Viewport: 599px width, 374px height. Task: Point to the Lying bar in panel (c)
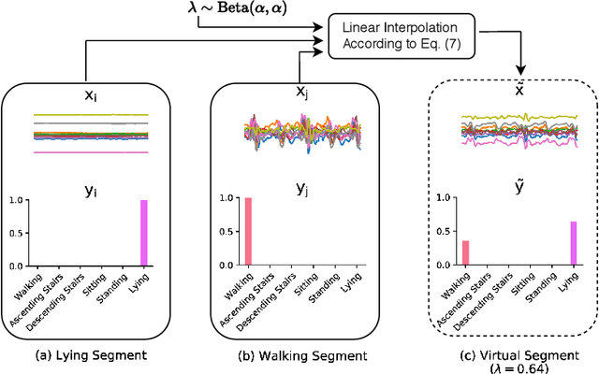573,242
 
